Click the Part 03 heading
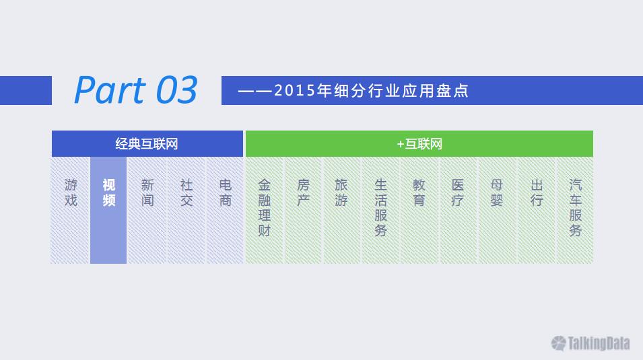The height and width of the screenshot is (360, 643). pyautogui.click(x=136, y=90)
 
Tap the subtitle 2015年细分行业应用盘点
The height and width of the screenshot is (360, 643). pyautogui.click(x=353, y=91)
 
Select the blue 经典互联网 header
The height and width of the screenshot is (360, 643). pyautogui.click(x=147, y=143)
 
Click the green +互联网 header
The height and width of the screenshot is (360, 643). pyautogui.click(x=419, y=143)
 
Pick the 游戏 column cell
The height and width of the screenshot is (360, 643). pyautogui.click(x=71, y=210)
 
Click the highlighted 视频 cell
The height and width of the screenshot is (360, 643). pyautogui.click(x=108, y=210)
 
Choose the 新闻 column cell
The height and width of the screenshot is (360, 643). pyautogui.click(x=147, y=210)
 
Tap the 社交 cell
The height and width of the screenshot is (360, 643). pyautogui.click(x=187, y=210)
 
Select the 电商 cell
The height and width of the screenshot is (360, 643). pyautogui.click(x=225, y=210)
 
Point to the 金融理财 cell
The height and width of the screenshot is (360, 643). pyautogui.click(x=265, y=210)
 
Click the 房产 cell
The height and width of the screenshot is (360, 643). pyautogui.click(x=303, y=210)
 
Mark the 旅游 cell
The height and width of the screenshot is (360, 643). pyautogui.click(x=341, y=210)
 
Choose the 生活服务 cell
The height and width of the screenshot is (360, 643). pyautogui.click(x=380, y=210)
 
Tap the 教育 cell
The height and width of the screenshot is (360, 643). pyautogui.click(x=419, y=210)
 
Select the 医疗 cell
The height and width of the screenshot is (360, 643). pyautogui.click(x=458, y=210)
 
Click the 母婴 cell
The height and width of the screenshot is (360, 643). pyautogui.click(x=497, y=210)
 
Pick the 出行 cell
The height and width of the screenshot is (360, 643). pyautogui.click(x=536, y=210)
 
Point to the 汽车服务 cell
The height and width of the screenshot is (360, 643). pyautogui.click(x=575, y=210)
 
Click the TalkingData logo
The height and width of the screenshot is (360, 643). pyautogui.click(x=590, y=343)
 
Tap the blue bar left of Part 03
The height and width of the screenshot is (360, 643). pyautogui.click(x=26, y=90)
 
